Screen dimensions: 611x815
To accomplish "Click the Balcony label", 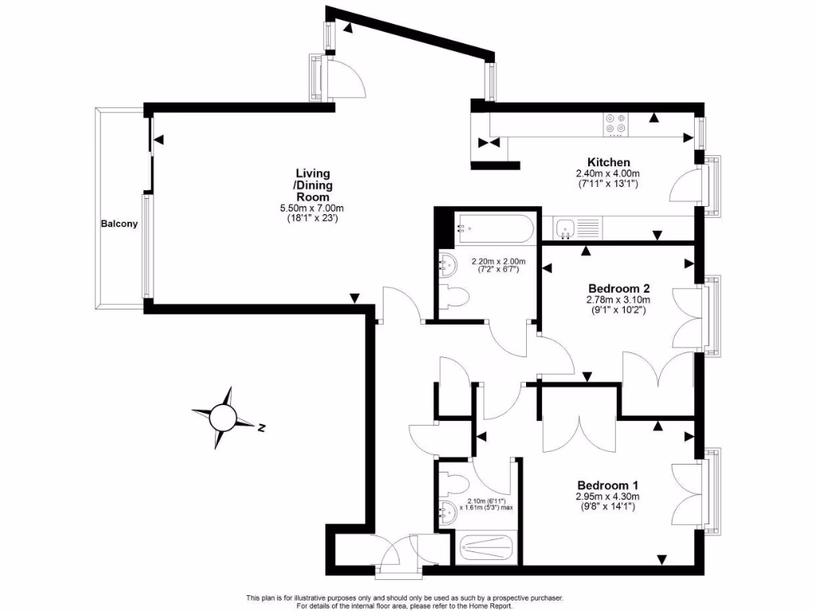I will (119, 224).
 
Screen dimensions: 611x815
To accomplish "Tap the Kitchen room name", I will (609, 162).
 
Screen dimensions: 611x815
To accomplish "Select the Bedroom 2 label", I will (619, 288).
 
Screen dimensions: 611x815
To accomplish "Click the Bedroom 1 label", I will (608, 485).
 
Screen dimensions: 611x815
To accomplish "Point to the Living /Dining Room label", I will (313, 185).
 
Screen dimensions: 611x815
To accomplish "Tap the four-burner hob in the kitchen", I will (615, 123).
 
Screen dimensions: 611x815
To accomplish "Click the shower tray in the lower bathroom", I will (486, 549).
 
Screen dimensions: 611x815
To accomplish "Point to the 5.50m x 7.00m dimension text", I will (313, 208).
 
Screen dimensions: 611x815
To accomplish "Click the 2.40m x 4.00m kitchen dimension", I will (609, 173).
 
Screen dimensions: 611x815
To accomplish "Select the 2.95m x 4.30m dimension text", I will (608, 496).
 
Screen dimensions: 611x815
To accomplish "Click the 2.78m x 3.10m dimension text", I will (619, 300).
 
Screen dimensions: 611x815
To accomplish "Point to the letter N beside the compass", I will (261, 428).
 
